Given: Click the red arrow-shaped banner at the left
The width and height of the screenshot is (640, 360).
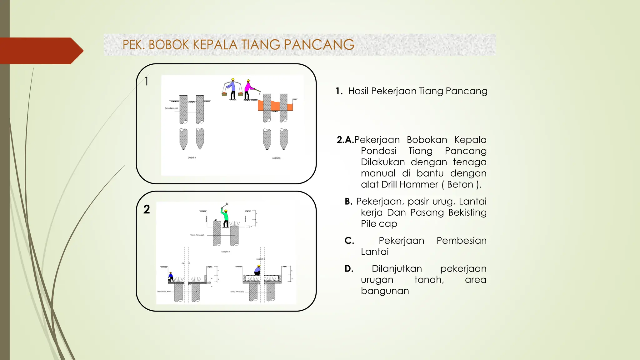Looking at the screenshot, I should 41,51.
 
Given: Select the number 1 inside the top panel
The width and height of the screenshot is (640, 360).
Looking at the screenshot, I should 146,82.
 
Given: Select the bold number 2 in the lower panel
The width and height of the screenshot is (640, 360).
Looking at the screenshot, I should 147,209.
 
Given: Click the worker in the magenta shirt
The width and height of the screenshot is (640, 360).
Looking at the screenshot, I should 248,89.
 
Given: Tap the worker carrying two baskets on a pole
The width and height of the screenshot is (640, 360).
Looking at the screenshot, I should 232,89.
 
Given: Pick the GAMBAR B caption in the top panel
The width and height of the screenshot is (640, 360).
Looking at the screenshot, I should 276,158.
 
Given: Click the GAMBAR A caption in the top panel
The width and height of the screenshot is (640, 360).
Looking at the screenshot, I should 192,158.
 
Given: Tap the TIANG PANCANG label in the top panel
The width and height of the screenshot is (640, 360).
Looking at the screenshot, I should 171,108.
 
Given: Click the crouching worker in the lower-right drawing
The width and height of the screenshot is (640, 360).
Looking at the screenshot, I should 257,270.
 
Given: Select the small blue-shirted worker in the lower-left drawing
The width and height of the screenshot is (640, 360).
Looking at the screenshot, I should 171,277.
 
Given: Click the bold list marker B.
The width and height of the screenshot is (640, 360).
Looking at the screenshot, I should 348,202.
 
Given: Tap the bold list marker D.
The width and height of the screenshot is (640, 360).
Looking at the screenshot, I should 349,269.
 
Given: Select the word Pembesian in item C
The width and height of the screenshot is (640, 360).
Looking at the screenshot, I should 461,241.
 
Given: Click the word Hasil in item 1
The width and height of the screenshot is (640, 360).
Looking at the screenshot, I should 358,91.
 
